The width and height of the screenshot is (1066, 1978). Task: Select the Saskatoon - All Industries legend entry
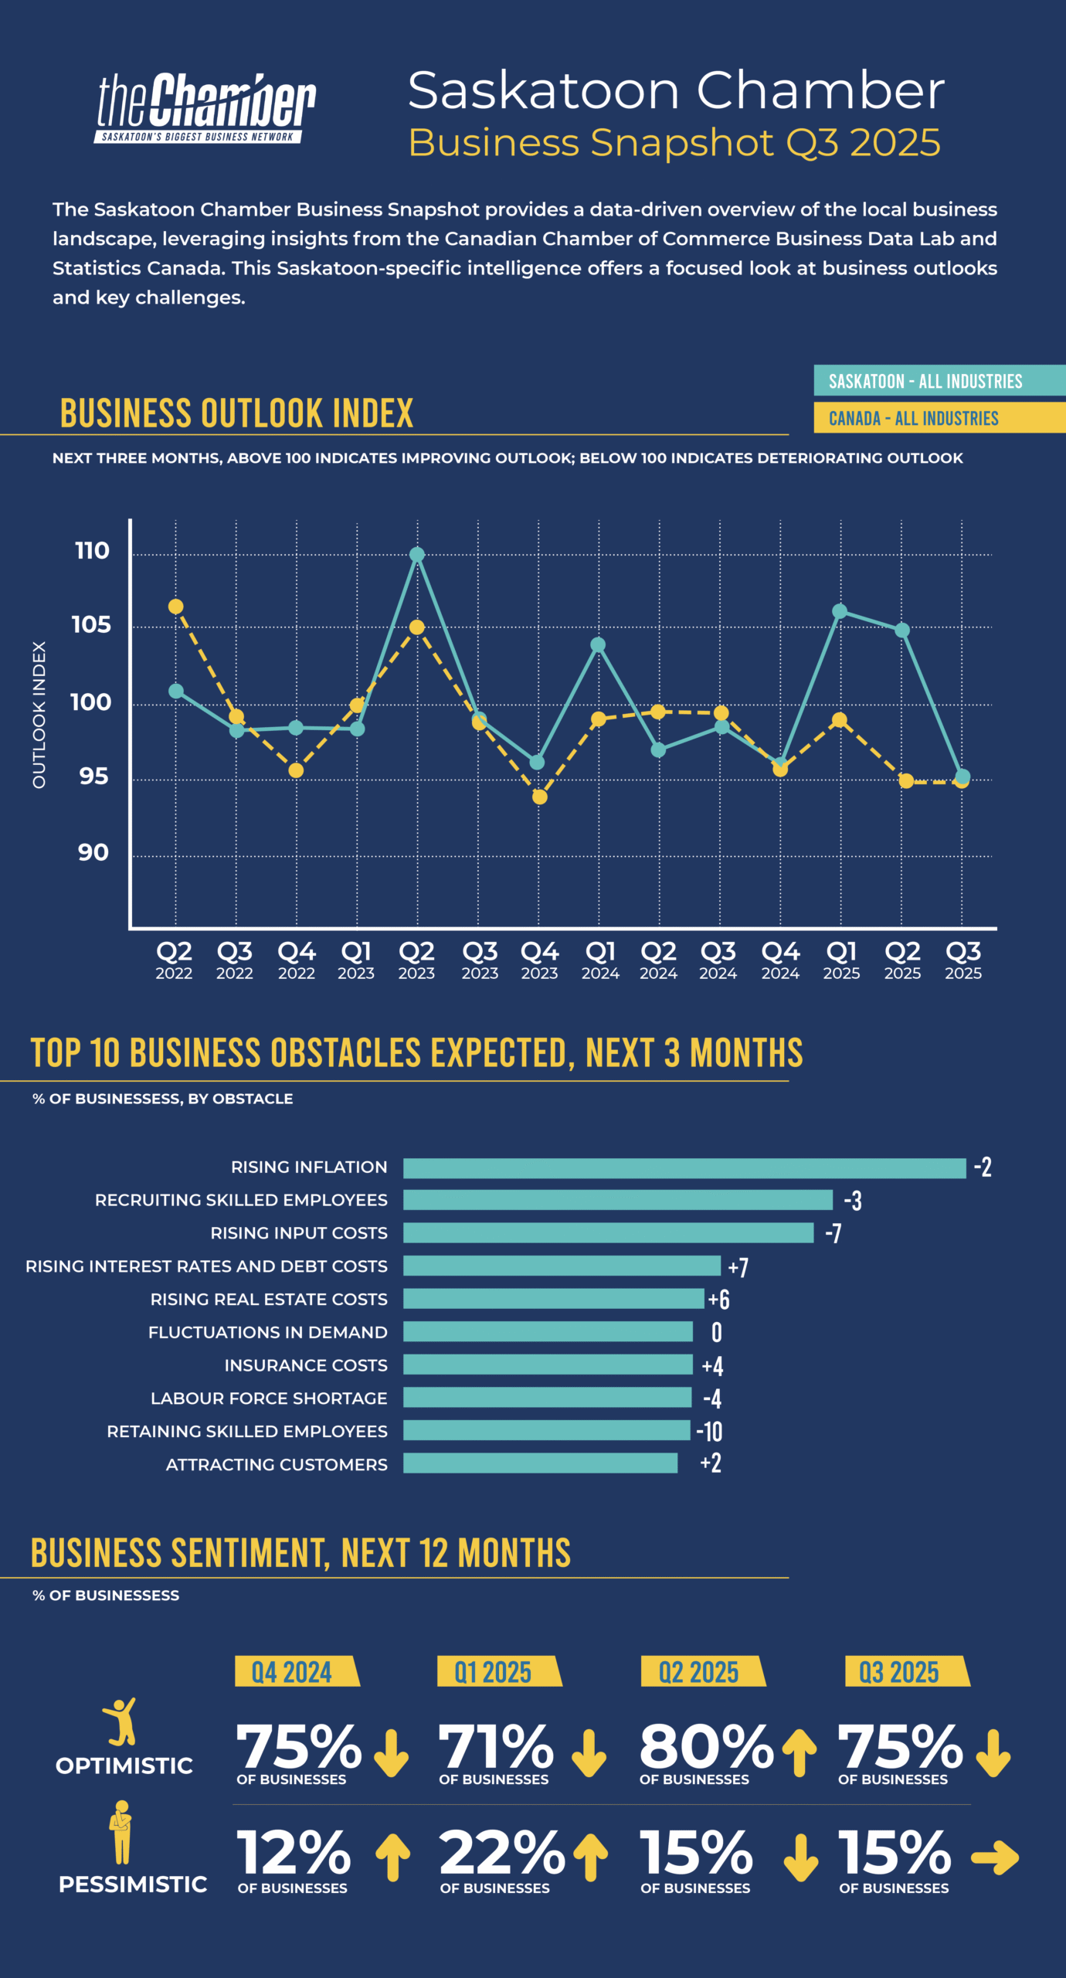pyautogui.click(x=925, y=381)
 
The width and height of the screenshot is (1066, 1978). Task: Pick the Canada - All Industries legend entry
pyautogui.click(x=914, y=418)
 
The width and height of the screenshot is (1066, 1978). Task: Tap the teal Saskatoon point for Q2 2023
pyautogui.click(x=417, y=555)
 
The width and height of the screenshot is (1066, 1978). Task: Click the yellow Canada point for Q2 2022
pyautogui.click(x=176, y=607)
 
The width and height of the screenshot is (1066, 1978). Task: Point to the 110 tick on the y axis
pyautogui.click(x=92, y=551)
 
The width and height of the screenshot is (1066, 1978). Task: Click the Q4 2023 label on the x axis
pyautogui.click(x=539, y=959)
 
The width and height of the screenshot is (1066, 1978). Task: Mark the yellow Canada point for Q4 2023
pyautogui.click(x=540, y=797)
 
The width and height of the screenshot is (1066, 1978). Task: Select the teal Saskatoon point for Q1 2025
pyautogui.click(x=840, y=611)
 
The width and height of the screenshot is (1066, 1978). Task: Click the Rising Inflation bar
pyautogui.click(x=684, y=1168)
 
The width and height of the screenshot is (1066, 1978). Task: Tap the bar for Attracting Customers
pyautogui.click(x=540, y=1463)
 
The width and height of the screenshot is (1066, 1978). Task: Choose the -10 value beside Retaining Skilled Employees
pyautogui.click(x=709, y=1431)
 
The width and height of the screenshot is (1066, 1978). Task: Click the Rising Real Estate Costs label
pyautogui.click(x=269, y=1300)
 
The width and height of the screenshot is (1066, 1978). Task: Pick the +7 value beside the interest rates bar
pyautogui.click(x=738, y=1267)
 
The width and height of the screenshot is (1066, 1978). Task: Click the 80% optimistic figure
pyautogui.click(x=706, y=1746)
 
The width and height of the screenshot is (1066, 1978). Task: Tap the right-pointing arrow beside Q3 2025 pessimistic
pyautogui.click(x=995, y=1857)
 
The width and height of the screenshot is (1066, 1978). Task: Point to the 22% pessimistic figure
pyautogui.click(x=502, y=1853)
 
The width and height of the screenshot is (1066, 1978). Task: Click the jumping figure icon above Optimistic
pyautogui.click(x=121, y=1721)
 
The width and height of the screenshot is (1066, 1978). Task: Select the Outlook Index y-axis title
pyautogui.click(x=39, y=715)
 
